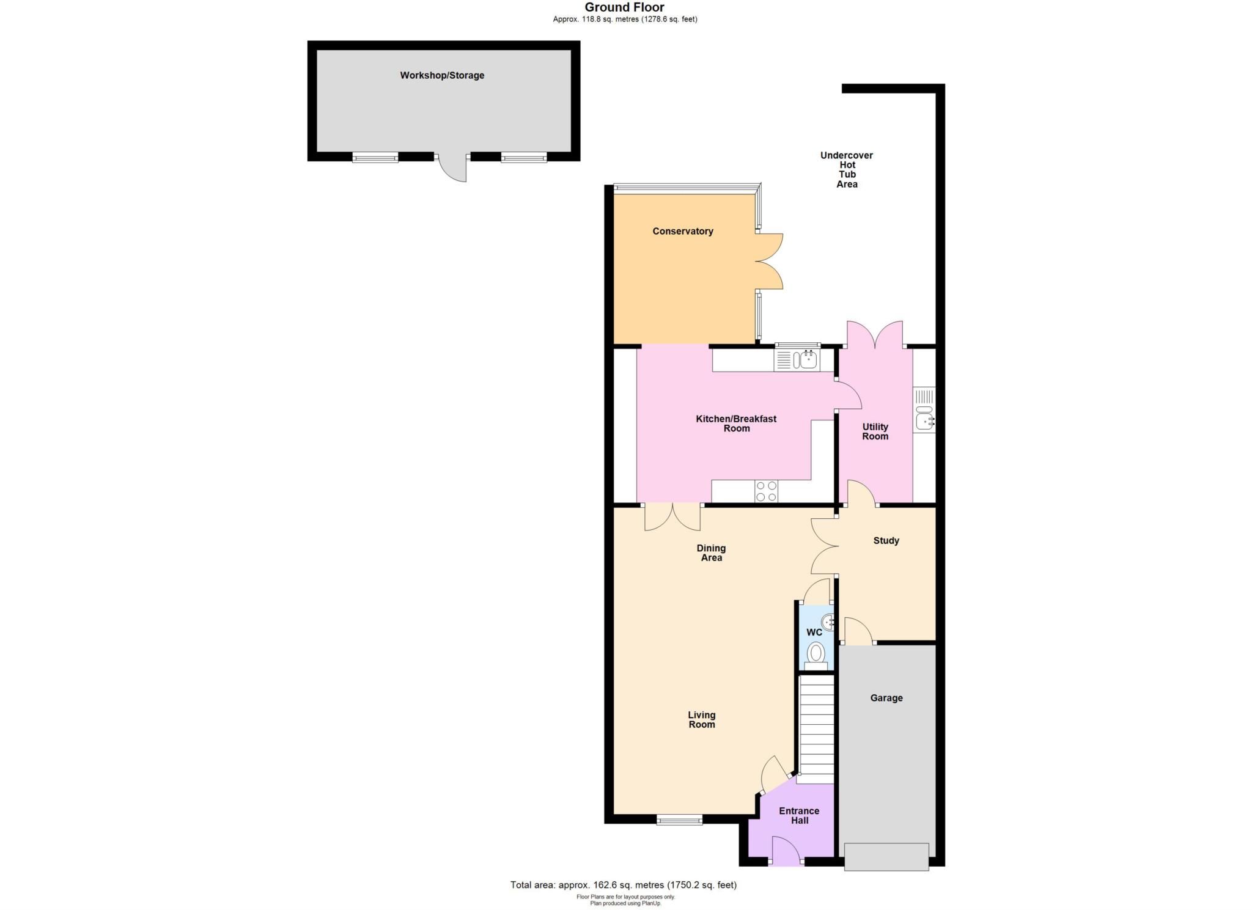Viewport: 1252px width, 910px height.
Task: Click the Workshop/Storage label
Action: [x=442, y=75]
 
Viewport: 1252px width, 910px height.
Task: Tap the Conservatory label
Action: [x=682, y=231]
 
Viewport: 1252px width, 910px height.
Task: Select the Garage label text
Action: [x=886, y=698]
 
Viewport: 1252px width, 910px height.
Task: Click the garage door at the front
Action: [x=886, y=856]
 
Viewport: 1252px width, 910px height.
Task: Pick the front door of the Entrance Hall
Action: [x=786, y=853]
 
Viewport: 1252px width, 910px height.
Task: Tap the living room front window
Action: [x=679, y=820]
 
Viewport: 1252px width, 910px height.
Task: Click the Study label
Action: [x=886, y=541]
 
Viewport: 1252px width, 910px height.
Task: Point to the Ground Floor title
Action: [x=624, y=7]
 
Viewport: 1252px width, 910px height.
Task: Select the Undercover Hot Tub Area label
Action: [x=846, y=169]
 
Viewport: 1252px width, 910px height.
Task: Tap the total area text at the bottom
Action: [x=624, y=885]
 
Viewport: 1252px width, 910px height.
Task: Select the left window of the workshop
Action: [x=375, y=158]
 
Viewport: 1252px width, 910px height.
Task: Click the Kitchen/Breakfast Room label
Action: [x=736, y=424]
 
